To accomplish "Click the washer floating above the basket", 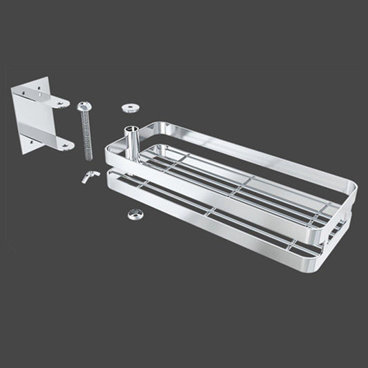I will click(130, 108).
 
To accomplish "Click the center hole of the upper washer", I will click(130, 107).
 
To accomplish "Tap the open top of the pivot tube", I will click(132, 130).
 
